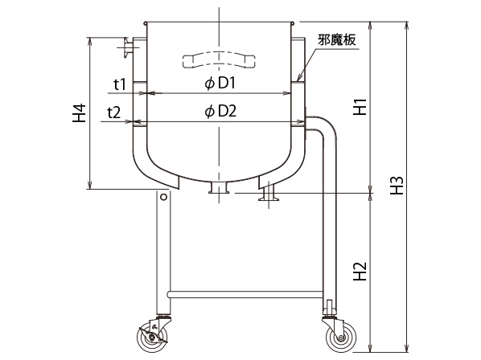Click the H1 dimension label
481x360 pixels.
(360, 107)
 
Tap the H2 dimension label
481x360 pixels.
(360, 272)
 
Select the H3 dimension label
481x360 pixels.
(397, 186)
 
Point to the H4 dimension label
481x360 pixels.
(79, 113)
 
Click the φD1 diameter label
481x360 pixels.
(220, 83)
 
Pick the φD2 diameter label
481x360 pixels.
(220, 112)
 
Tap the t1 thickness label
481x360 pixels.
(120, 84)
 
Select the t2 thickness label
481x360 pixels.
(113, 112)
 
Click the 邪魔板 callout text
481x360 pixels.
(337, 40)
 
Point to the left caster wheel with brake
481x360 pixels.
(153, 337)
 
